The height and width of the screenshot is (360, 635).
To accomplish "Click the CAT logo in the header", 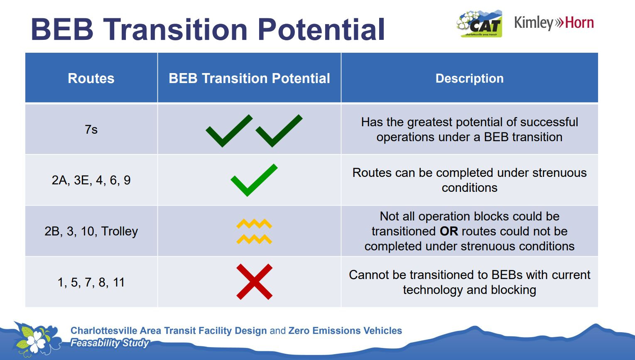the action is [x=479, y=24].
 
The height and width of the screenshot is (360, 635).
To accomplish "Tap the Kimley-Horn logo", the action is [x=554, y=23].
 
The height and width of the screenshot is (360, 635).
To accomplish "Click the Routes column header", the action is [x=91, y=78].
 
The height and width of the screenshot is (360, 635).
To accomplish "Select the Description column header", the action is [x=469, y=78].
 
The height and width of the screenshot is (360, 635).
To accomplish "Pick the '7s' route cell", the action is [x=91, y=130].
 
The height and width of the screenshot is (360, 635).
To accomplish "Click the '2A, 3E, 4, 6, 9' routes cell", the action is [x=91, y=180].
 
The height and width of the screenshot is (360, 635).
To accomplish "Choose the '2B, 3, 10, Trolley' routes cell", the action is [x=91, y=231].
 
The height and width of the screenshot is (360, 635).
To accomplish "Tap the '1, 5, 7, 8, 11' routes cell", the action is [x=91, y=282].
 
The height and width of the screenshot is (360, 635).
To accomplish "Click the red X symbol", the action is [x=254, y=282].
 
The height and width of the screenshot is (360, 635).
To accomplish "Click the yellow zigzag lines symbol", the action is [x=254, y=231].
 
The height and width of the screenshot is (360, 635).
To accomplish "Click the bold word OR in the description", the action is [x=449, y=231].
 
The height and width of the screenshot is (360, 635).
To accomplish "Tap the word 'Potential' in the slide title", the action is [x=321, y=29].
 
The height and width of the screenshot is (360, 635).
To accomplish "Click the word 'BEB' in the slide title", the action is [x=62, y=29].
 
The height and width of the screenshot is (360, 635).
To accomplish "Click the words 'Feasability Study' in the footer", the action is [x=109, y=343].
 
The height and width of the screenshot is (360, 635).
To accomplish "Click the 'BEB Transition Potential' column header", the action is [x=249, y=78].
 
